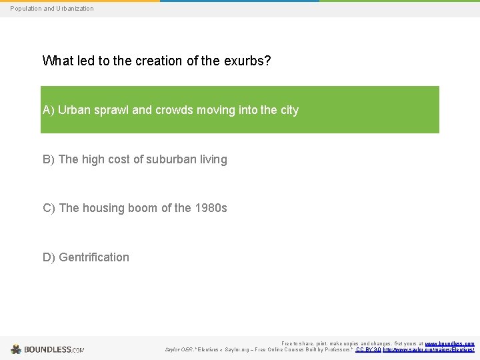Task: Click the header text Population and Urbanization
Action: [x=52, y=9]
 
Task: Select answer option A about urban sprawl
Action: [x=239, y=110]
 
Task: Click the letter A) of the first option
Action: [x=48, y=110]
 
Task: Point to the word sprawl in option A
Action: [x=109, y=110]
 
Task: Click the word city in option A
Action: [x=289, y=110]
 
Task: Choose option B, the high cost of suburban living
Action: [x=135, y=159]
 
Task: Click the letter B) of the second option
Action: [x=49, y=159]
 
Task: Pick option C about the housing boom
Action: [x=135, y=208]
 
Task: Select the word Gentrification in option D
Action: [x=94, y=257]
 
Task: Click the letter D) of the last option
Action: [x=49, y=257]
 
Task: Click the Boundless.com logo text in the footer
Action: [x=54, y=349]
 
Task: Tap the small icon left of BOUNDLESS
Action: [x=16, y=349]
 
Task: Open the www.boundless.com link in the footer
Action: [x=450, y=343]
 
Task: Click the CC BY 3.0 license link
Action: [x=368, y=349]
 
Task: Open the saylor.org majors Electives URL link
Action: [x=429, y=349]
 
